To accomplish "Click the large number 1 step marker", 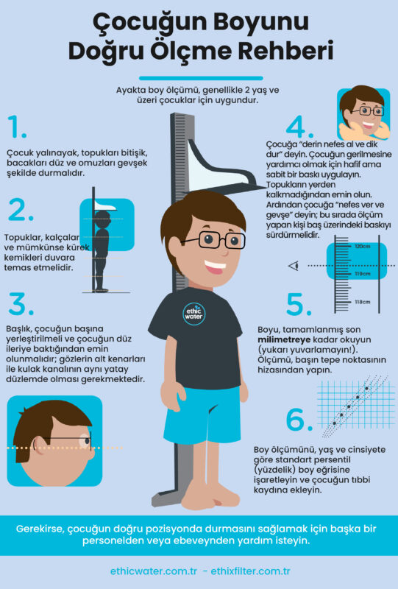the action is point(16,127).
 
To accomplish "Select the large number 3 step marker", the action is point(21,303).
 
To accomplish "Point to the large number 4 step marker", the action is point(299,127).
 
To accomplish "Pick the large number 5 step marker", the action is point(299,303).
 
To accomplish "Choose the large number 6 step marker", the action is point(299,419).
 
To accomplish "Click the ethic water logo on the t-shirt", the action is point(193,314).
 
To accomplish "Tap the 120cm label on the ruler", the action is point(363,247).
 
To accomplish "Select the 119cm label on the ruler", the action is point(363,274).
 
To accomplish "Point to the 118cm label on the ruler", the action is point(363,302).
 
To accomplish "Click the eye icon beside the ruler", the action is point(294,266).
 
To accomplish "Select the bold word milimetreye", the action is point(284,339).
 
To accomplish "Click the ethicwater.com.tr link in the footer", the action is point(154,571).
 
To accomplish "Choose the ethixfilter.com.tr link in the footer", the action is point(250,571).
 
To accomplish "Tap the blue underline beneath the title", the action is point(201,79).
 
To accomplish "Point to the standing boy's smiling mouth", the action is point(215,267).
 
